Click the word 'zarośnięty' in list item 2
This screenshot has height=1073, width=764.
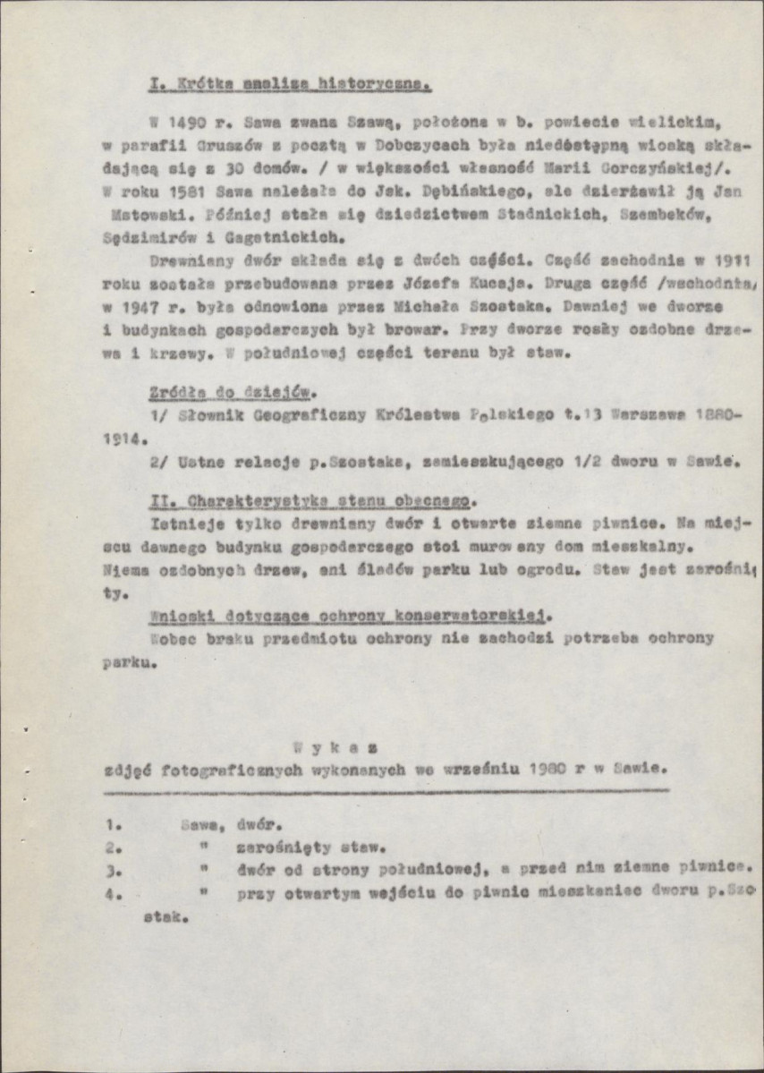tap(284, 847)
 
